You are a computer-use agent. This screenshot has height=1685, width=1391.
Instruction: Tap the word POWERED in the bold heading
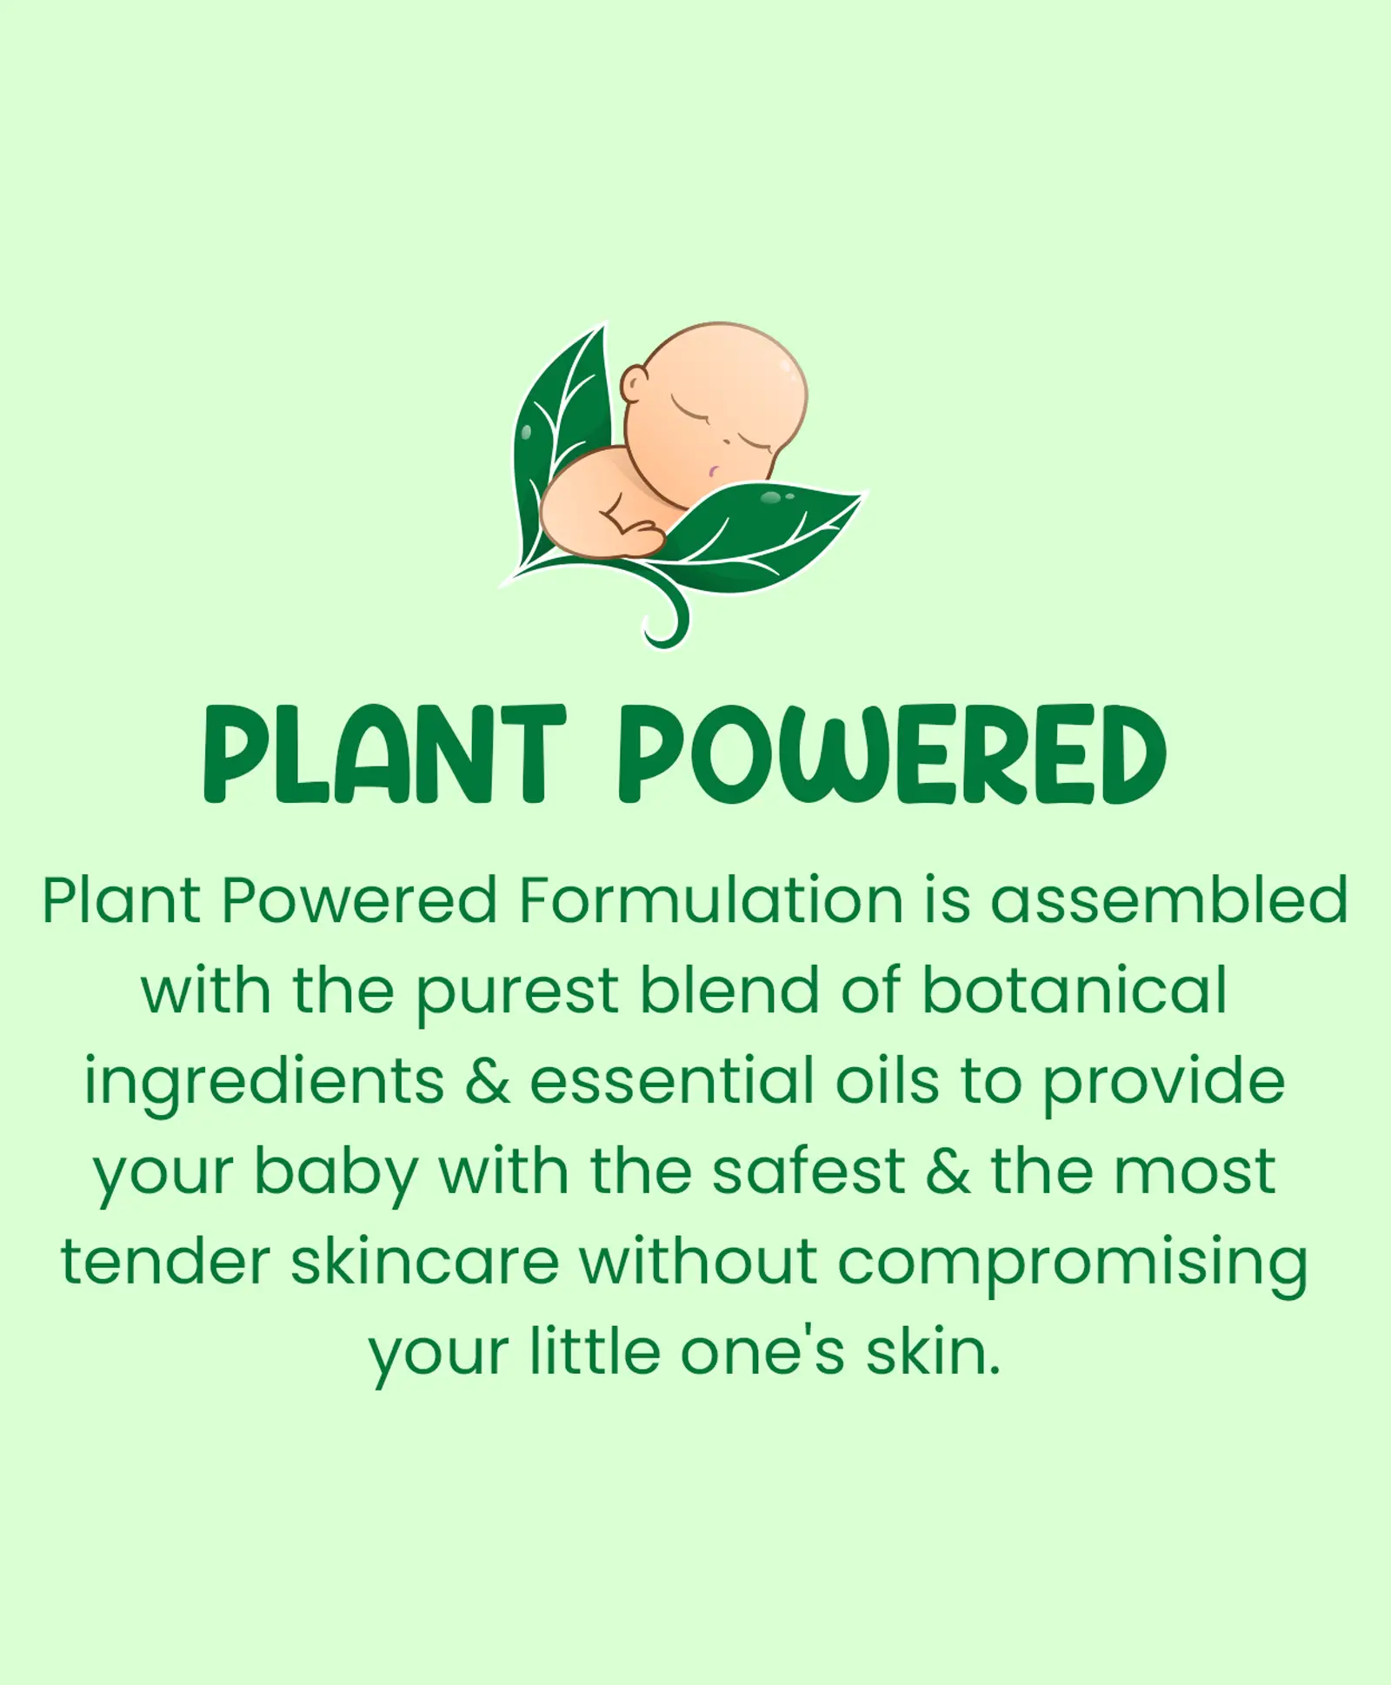coord(892,754)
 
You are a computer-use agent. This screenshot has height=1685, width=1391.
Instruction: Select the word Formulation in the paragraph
coord(711,900)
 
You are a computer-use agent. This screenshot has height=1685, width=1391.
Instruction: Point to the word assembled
coord(1170,900)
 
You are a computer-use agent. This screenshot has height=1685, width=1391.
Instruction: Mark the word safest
coord(809,1171)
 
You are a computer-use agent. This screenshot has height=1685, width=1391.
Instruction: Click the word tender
coord(165,1262)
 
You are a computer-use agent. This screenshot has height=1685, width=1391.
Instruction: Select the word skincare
coord(425,1262)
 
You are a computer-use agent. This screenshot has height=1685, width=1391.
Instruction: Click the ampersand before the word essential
coord(488,1081)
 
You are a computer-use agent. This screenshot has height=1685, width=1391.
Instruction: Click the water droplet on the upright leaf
coord(525,433)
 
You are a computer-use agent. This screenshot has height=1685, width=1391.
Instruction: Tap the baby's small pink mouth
coord(713,472)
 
